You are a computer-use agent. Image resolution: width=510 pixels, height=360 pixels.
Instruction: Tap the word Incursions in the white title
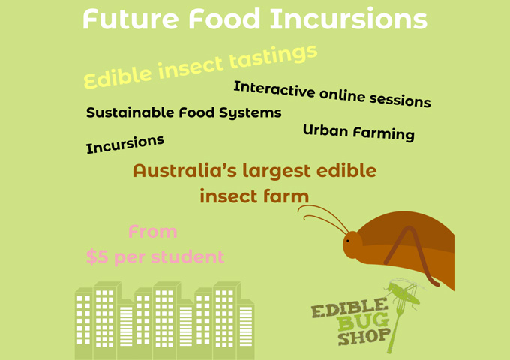click(x=349, y=19)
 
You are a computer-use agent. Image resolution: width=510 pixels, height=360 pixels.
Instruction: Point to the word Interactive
click(x=273, y=89)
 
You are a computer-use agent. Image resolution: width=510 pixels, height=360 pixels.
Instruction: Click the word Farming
click(x=382, y=133)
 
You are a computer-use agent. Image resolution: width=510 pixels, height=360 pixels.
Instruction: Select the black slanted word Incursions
click(x=125, y=143)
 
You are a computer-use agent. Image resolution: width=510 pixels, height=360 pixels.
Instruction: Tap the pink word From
click(x=152, y=232)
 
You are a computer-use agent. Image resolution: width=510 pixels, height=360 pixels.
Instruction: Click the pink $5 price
click(x=97, y=257)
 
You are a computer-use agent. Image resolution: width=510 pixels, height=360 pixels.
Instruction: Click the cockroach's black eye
click(x=348, y=241)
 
